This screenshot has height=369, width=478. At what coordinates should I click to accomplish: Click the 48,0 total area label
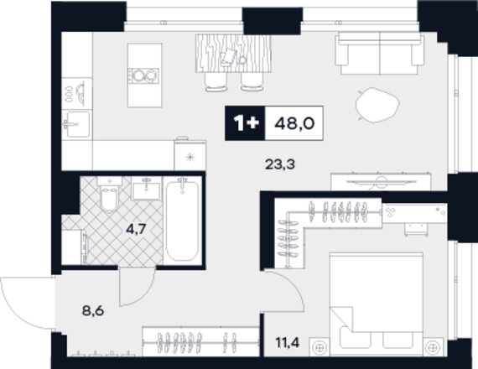(x=294, y=123)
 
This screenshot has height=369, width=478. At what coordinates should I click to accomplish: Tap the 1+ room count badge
(x=247, y=123)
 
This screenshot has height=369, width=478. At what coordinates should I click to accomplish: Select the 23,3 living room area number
(x=280, y=164)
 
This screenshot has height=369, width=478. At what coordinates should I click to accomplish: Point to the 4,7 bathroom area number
(x=136, y=229)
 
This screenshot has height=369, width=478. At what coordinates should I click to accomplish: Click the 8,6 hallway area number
(x=93, y=311)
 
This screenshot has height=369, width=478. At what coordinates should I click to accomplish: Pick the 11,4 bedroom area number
(x=288, y=342)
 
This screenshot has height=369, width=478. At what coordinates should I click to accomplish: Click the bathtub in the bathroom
(x=182, y=221)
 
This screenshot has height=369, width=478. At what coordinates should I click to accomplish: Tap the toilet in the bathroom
(x=109, y=195)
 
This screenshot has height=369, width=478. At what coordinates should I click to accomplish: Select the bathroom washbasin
(x=147, y=189)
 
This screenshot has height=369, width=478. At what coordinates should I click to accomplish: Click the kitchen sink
(x=77, y=124)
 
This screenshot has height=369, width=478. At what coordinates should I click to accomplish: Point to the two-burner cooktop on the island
(x=143, y=75)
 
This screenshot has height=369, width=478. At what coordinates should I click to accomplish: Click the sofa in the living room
(x=380, y=54)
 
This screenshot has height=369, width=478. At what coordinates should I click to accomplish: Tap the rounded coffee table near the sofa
(x=377, y=105)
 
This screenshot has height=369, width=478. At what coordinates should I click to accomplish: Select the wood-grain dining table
(x=233, y=54)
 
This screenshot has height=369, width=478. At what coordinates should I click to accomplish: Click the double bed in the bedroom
(x=377, y=304)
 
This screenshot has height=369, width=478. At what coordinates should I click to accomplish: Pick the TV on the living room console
(x=381, y=182)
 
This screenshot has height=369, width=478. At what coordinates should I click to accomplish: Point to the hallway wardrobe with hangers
(x=201, y=341)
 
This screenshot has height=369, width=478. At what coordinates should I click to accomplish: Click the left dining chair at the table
(x=216, y=81)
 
